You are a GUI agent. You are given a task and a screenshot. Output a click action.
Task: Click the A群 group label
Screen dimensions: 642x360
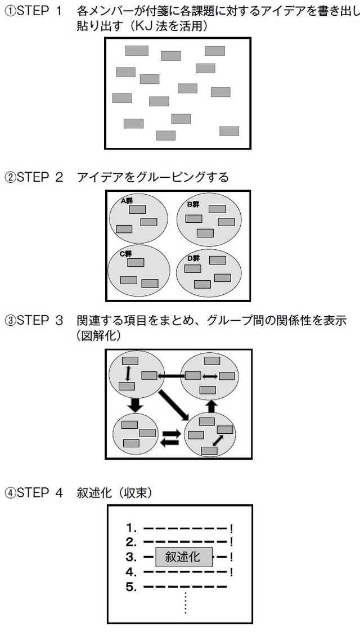coord(127,200)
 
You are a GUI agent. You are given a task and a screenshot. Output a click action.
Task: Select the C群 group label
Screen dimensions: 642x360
coord(125,253)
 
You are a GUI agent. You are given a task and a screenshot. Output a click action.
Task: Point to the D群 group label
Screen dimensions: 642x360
coord(193,258)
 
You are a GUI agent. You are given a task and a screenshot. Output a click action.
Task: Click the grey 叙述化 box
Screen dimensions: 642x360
coord(184,557)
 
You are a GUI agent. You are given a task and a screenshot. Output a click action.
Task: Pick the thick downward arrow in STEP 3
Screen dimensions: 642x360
coord(134,404)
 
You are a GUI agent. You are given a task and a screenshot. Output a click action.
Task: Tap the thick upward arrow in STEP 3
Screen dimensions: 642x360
coord(211,406)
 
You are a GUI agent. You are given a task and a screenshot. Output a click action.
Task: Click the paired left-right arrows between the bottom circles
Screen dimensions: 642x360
coord(170,438)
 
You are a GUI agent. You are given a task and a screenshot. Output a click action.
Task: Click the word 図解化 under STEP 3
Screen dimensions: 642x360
coord(101,335)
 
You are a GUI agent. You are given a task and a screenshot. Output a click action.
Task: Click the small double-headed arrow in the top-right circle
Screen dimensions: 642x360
coord(210,376)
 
